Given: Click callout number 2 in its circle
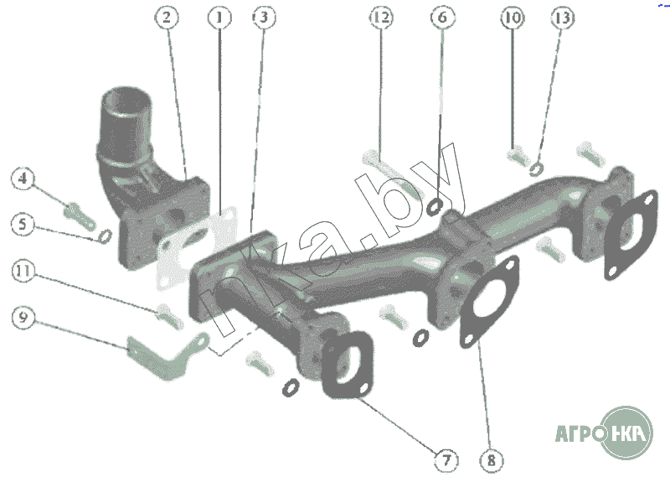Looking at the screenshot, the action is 167,17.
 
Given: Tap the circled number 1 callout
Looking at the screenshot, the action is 219,18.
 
